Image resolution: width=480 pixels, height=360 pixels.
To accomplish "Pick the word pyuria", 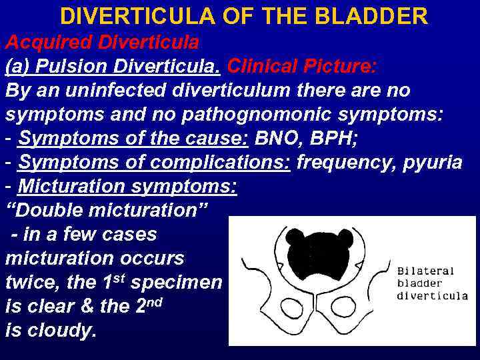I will coord(433,163).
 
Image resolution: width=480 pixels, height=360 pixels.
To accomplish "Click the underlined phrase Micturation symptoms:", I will coord(127,187).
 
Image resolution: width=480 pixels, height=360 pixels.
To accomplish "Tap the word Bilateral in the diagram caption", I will coord(425,271).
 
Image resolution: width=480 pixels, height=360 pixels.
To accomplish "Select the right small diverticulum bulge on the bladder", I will coord(345,237).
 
